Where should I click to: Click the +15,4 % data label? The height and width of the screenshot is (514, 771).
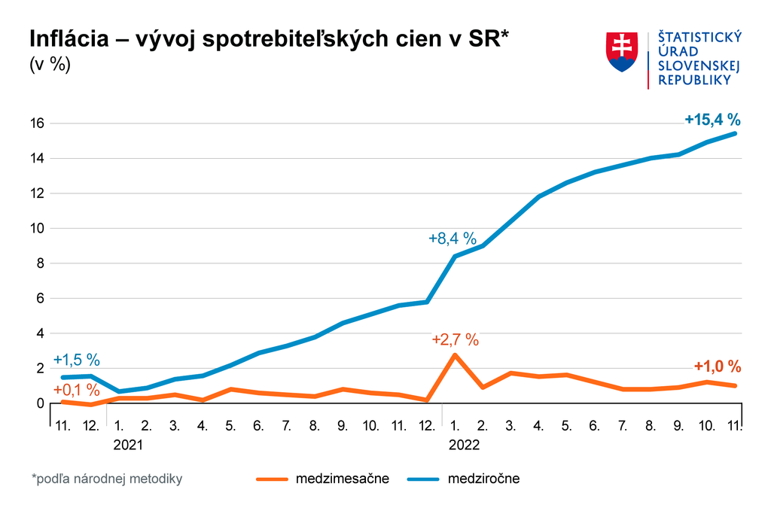tap(712, 119)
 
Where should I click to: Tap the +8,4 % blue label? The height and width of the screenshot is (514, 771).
tap(453, 239)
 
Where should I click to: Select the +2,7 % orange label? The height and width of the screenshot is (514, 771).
tap(456, 339)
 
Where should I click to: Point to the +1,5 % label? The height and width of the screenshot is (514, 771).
tap(77, 360)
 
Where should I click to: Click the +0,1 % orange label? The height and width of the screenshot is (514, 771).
tap(77, 390)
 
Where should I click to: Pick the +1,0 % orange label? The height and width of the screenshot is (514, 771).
tap(717, 366)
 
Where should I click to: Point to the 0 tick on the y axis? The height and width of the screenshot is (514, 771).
tap(41, 403)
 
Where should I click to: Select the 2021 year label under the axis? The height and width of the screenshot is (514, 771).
tap(128, 445)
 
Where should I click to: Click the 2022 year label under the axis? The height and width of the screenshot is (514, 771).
tap(465, 445)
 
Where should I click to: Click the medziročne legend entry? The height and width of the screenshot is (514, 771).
tap(483, 478)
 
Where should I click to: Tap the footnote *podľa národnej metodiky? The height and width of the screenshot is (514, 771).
tap(106, 478)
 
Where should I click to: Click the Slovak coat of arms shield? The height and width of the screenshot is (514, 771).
tap(622, 52)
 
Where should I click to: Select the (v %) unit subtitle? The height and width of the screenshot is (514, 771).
tap(50, 65)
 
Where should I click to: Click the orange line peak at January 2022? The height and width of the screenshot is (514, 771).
tap(455, 354)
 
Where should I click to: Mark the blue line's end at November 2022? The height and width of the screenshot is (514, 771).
tap(735, 133)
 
